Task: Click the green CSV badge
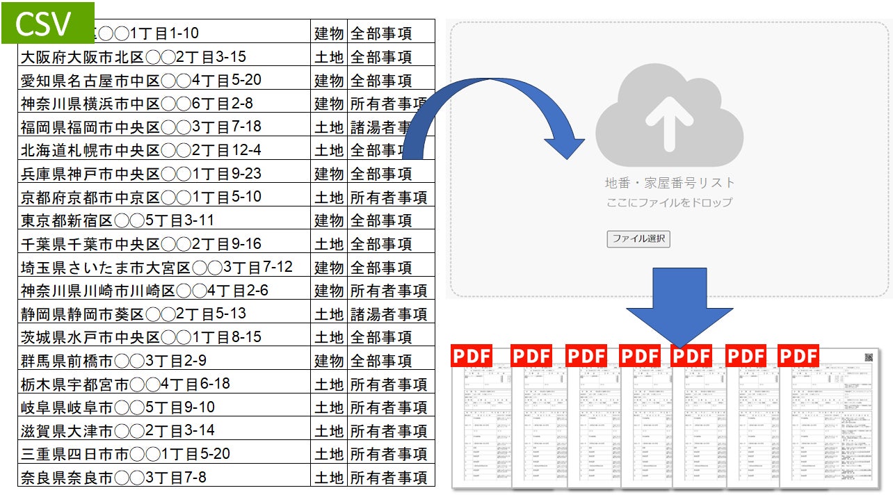click(x=48, y=23)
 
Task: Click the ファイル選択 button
click(x=638, y=239)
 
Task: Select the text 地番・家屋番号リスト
click(x=670, y=183)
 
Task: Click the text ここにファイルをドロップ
click(x=670, y=202)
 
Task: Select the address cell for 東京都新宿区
click(x=118, y=220)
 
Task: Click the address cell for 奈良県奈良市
click(x=113, y=478)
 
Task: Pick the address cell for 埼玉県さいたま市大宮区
click(x=156, y=267)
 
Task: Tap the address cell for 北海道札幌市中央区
click(x=141, y=150)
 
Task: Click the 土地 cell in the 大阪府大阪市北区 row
click(x=329, y=57)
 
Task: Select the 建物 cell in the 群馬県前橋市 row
click(x=329, y=361)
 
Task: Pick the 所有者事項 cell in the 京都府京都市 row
click(x=389, y=197)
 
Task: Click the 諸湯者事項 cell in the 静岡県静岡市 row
click(x=389, y=314)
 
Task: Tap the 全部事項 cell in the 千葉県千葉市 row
click(x=381, y=244)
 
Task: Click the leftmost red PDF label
click(x=472, y=356)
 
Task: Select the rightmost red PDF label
click(x=798, y=356)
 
